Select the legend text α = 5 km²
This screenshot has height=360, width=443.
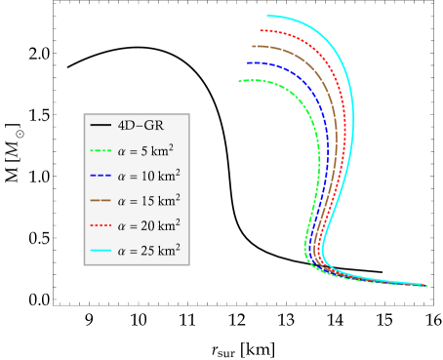pos(148,151)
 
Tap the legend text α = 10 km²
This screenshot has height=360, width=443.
pos(148,176)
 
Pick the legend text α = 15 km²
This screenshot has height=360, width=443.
pos(148,201)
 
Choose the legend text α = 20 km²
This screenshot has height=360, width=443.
pos(148,225)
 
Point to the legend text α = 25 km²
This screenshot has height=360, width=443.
pos(148,251)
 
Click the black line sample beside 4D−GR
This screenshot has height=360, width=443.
pos(100,126)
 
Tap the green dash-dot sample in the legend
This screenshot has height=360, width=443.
pos(100,151)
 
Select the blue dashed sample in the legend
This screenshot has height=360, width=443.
pos(100,177)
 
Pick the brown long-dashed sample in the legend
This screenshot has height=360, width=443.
pos(100,201)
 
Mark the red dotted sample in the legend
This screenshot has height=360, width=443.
pos(100,226)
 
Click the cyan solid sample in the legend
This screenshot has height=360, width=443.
pos(100,251)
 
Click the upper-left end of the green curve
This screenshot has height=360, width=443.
pos(239,81)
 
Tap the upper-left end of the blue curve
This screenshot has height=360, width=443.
pos(248,62)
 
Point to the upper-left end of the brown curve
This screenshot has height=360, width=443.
pos(252,46)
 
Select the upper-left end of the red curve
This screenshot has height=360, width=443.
pos(262,30)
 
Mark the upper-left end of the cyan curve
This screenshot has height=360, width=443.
pos(267,16)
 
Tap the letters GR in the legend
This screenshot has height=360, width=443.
pos(152,126)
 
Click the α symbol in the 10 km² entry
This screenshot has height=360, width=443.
pos(121,177)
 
